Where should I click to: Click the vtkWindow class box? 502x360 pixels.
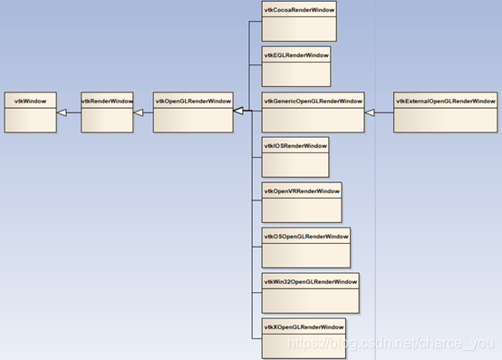point(30,112)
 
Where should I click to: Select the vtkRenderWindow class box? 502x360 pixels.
point(107,112)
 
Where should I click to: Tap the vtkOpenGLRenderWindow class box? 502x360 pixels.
point(192,112)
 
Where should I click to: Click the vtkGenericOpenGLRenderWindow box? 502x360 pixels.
point(313,112)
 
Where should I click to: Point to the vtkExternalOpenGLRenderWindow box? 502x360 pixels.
point(446,112)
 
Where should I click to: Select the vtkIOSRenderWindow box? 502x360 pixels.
point(294,156)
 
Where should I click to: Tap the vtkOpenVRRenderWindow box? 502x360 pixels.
point(302,201)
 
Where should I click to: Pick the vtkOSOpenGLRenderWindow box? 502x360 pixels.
point(305,247)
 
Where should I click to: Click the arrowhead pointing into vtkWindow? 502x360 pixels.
point(63,112)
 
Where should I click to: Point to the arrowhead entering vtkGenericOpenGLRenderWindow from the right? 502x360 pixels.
point(370,112)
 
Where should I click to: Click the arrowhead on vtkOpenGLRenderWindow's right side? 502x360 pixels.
point(237,111)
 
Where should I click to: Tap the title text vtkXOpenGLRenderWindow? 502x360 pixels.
point(304,326)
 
